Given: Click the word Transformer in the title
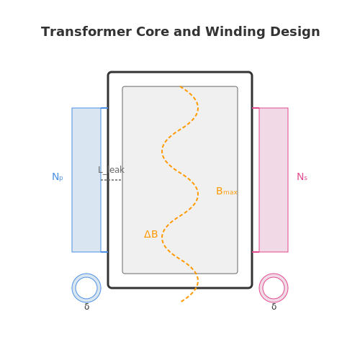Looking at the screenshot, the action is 86,32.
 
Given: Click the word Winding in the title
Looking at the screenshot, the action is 235,32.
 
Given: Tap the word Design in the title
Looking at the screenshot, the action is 295,32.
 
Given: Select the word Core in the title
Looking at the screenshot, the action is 153,32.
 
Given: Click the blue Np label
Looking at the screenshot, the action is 58,177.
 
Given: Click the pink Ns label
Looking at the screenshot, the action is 302,177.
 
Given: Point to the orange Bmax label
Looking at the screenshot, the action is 227,192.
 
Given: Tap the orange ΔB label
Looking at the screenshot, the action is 150,234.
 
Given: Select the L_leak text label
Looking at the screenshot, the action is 111,170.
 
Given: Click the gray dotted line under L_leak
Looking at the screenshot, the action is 111,180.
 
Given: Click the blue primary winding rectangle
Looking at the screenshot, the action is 86,180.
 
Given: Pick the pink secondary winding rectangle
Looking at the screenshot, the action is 274,180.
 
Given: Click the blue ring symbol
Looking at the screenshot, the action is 86,275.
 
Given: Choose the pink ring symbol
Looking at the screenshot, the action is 274,275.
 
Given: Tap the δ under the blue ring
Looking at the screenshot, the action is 86,307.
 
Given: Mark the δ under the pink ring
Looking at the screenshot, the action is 274,307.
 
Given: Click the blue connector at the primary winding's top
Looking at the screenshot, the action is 104,108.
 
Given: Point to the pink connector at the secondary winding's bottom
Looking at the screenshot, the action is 256,252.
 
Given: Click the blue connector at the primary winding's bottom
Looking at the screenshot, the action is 104,252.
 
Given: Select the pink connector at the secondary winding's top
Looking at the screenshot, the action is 256,108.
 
